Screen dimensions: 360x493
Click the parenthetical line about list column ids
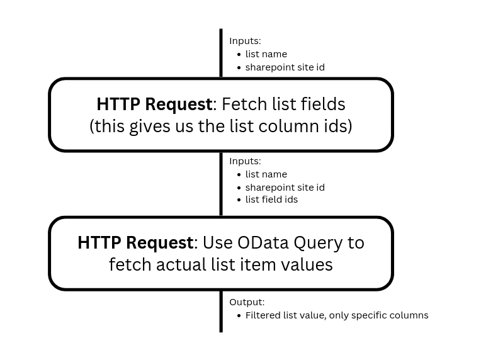coord(221,126)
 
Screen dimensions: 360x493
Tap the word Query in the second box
coord(322,242)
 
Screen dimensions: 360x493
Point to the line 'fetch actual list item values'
coord(221,264)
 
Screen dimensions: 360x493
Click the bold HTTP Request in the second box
coord(135,242)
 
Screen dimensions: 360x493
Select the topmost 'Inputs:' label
coord(245,41)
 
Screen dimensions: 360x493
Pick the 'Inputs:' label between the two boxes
coord(245,161)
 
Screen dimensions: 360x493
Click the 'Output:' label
coord(247,302)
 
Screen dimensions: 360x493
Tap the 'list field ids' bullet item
coord(271,200)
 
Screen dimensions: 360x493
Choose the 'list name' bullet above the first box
coord(266,54)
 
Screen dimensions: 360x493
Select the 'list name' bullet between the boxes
coord(266,174)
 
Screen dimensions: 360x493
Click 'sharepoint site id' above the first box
coord(285,67)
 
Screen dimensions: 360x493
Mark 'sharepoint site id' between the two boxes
coord(285,188)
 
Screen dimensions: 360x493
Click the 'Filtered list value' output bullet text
coord(285,315)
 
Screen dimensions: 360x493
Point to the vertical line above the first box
coord(221,53)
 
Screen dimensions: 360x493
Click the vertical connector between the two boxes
coord(221,184)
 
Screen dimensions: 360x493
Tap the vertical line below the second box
coord(221,312)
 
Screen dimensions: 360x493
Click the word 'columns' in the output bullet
coord(409,315)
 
